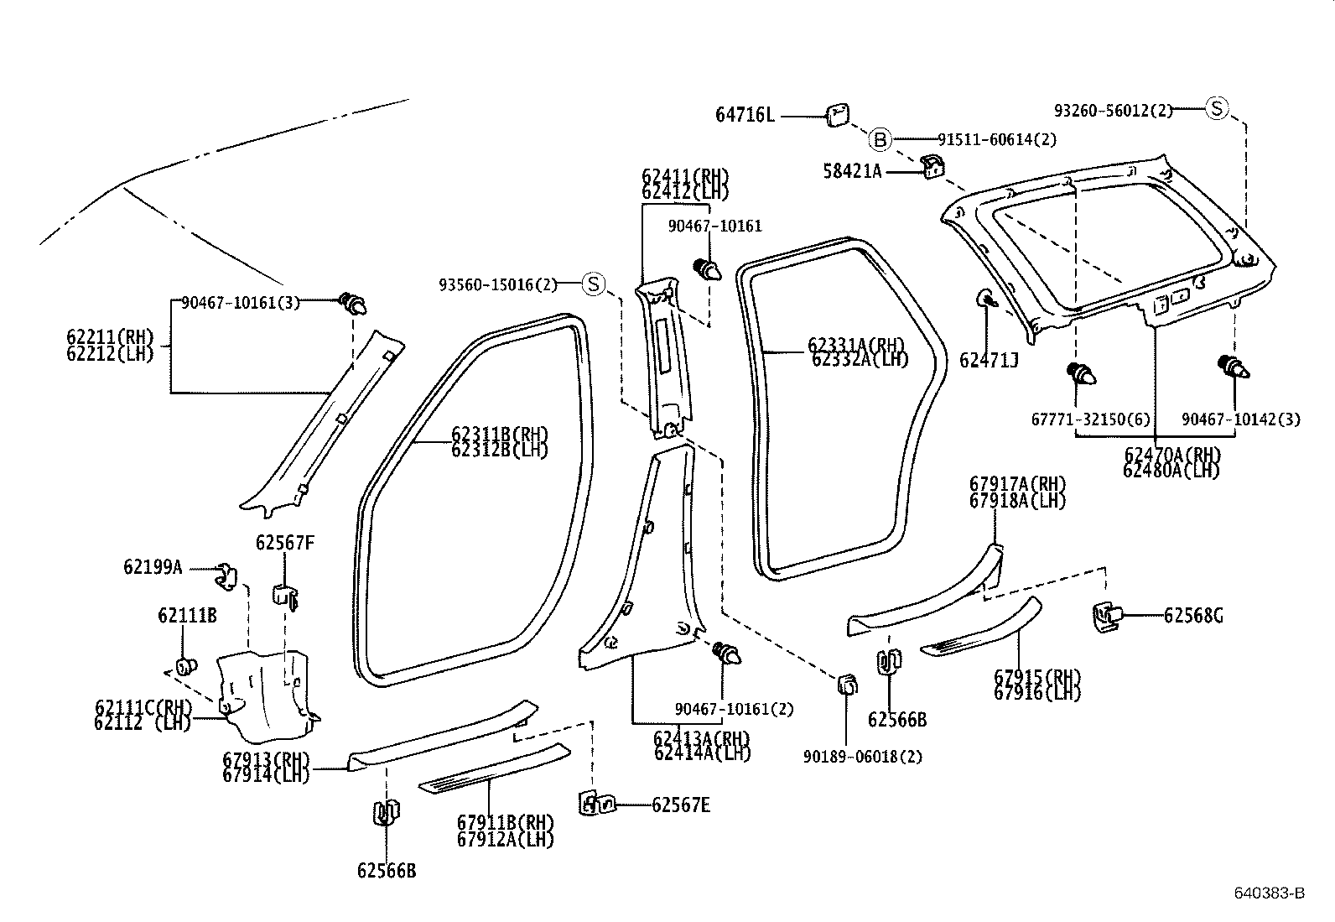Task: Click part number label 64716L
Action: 745,115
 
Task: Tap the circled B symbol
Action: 878,139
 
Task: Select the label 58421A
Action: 852,171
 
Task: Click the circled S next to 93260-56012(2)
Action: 1217,108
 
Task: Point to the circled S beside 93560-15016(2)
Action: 594,284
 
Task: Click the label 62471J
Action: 989,361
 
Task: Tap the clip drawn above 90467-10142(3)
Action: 1233,367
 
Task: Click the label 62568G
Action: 1192,616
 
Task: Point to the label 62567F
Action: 285,543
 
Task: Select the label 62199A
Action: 153,567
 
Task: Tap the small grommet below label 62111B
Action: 184,667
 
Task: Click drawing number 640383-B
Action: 1269,893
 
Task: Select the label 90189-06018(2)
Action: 862,756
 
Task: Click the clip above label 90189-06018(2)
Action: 847,685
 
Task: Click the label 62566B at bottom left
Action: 386,870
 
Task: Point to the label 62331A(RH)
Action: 857,345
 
